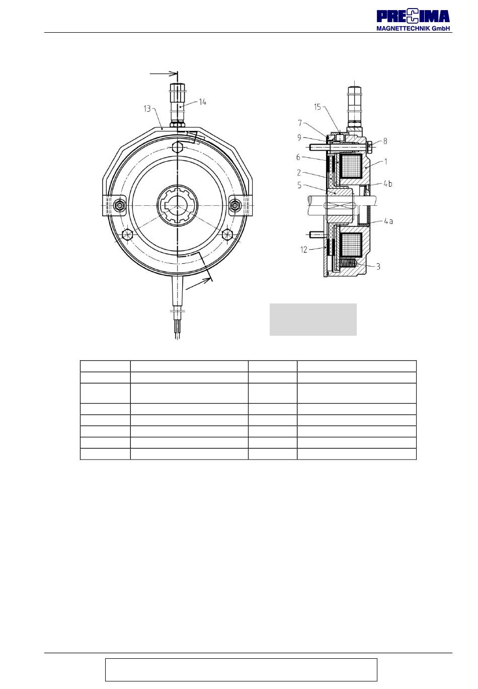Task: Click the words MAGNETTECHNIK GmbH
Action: (413, 28)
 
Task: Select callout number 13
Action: (147, 109)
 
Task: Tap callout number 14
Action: (202, 102)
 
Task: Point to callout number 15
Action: (317, 107)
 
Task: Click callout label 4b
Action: (387, 184)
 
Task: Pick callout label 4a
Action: (388, 221)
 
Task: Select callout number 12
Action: (304, 250)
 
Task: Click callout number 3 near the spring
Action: (378, 267)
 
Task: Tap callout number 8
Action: (385, 141)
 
